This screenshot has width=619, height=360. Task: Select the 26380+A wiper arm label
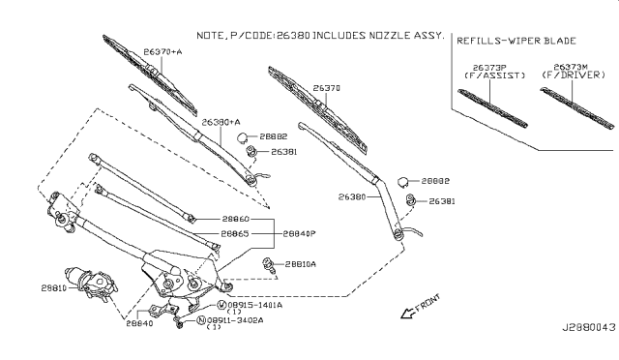click(x=221, y=123)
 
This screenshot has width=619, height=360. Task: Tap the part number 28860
click(x=236, y=221)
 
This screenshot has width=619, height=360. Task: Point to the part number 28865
click(x=236, y=233)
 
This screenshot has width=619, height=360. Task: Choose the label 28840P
click(x=301, y=233)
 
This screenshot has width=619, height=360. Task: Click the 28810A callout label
click(x=297, y=263)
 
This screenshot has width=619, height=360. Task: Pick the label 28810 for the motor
click(x=54, y=287)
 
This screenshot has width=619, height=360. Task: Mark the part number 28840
click(x=139, y=326)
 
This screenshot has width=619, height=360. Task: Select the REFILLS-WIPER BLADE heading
click(x=516, y=43)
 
